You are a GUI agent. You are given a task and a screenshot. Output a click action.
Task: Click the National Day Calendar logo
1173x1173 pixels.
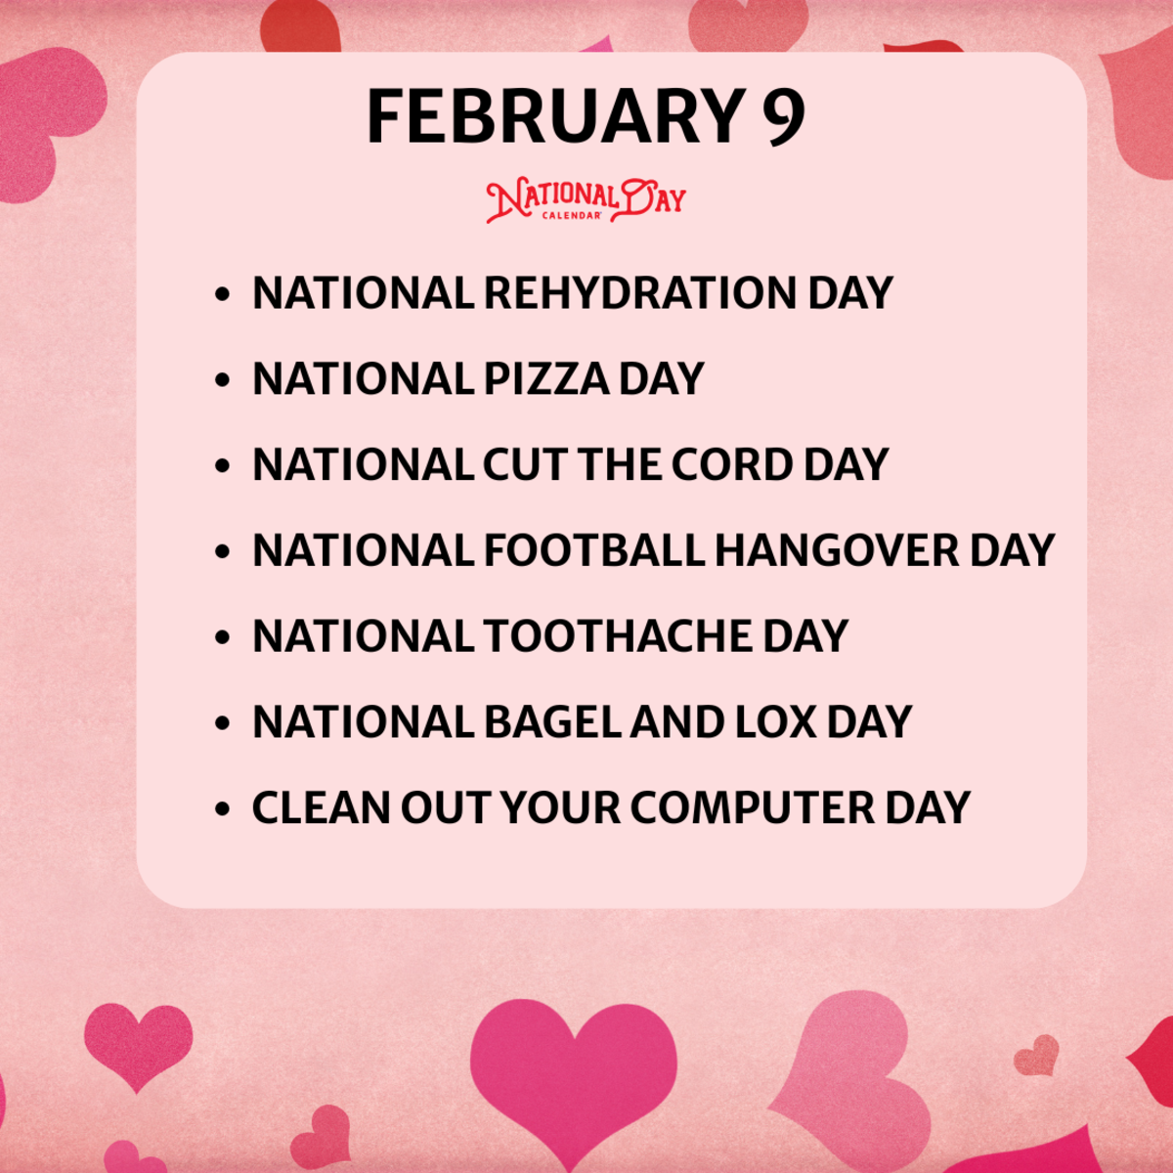(x=586, y=201)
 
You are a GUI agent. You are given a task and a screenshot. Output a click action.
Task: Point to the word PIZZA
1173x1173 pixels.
(x=546, y=379)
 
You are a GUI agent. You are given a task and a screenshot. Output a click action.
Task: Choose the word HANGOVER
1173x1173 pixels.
(x=837, y=550)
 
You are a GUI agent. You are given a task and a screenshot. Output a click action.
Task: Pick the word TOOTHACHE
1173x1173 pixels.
(x=618, y=636)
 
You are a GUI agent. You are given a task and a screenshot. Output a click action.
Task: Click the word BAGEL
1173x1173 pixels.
(x=552, y=722)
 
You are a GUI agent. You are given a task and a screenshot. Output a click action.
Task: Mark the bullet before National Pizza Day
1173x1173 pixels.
(x=224, y=380)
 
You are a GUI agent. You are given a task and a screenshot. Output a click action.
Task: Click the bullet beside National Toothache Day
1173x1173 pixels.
(x=224, y=637)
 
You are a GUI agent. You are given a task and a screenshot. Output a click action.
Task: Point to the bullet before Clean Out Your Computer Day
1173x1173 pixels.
(x=224, y=809)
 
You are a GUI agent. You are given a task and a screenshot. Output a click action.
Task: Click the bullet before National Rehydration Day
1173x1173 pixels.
(x=224, y=294)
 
